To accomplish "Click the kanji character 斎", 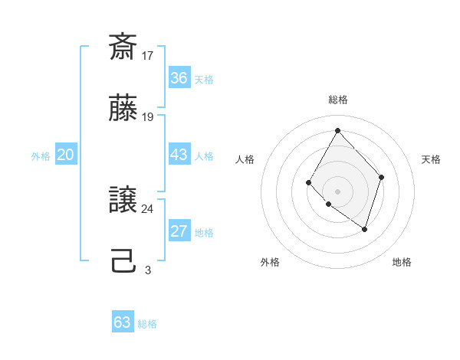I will click(123, 48).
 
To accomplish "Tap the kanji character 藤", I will click(123, 110).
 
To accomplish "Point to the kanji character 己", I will click(123, 263).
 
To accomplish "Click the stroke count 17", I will click(148, 55).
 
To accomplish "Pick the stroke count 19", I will click(148, 117).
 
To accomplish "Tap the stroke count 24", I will click(148, 208).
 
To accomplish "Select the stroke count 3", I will click(148, 270).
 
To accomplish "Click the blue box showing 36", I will click(179, 78).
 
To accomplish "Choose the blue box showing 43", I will click(179, 155).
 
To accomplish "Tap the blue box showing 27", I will click(179, 232).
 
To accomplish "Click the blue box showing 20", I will click(66, 155).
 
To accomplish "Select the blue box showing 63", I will click(123, 322).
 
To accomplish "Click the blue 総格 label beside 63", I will click(147, 324).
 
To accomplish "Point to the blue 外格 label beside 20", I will click(41, 156).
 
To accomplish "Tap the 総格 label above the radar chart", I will click(338, 100).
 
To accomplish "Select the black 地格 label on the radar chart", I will click(402, 262).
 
